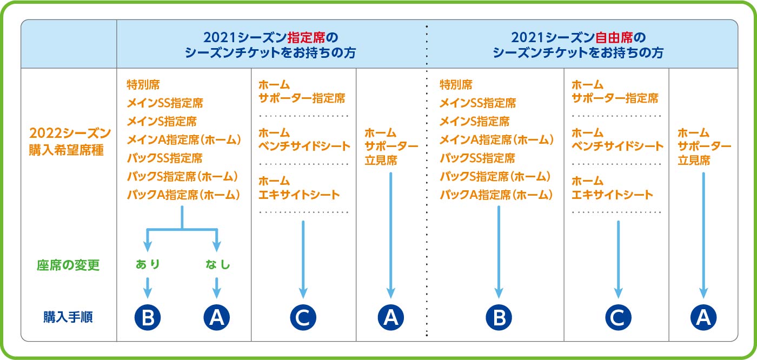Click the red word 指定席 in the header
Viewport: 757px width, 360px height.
tap(306, 37)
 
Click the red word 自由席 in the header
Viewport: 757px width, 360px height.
tap(614, 37)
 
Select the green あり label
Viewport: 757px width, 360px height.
tap(148, 264)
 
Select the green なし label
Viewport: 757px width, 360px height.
tap(217, 264)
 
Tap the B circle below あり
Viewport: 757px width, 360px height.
tap(148, 317)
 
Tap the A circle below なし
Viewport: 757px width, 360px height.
tap(217, 317)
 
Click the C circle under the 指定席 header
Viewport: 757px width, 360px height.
tap(303, 317)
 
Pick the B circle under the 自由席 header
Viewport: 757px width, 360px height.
tap(499, 317)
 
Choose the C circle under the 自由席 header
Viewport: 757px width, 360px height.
tap(618, 317)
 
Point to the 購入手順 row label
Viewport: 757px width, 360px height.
tap(68, 317)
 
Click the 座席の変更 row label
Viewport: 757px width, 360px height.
tap(68, 265)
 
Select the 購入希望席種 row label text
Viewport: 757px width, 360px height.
tap(66, 150)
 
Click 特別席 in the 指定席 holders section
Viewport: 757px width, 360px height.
tap(143, 84)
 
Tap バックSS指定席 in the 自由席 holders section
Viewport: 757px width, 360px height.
tap(477, 158)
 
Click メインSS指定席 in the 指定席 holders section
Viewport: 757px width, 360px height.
tap(165, 103)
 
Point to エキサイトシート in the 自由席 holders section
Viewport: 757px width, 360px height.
tap(612, 195)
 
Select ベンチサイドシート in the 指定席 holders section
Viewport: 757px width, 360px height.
tap(304, 146)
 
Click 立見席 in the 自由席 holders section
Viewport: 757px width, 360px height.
tap(694, 160)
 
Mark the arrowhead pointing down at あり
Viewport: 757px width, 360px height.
tap(148, 246)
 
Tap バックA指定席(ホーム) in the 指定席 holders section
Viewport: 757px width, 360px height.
tap(183, 195)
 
